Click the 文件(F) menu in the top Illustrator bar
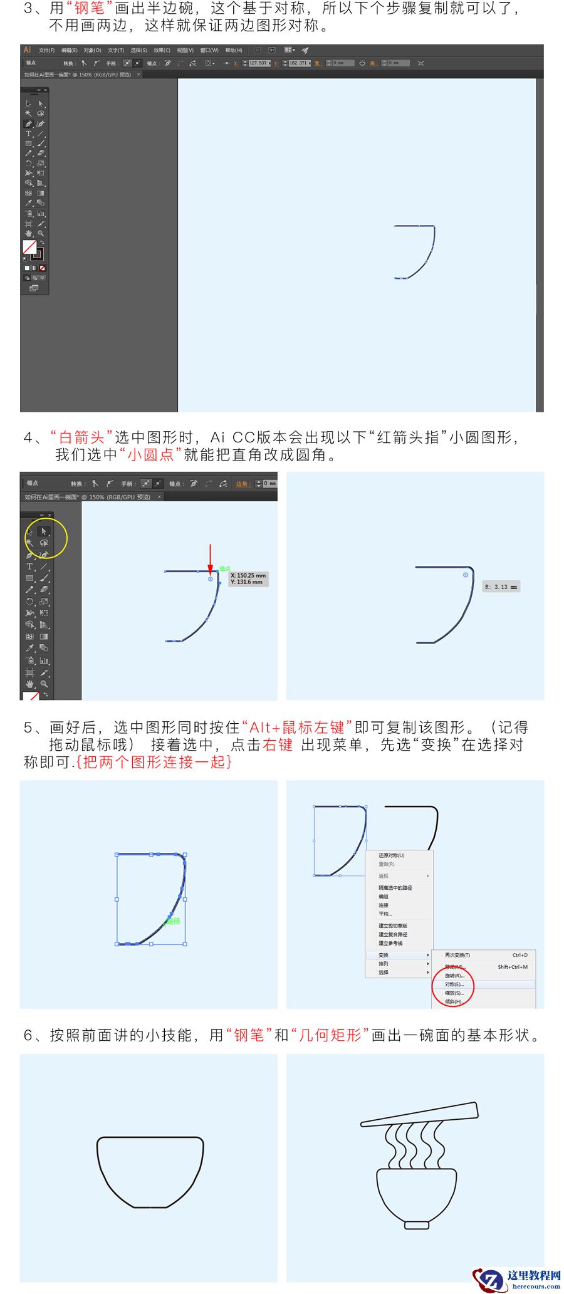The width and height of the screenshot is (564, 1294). click(x=46, y=50)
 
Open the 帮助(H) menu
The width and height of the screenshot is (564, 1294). click(x=233, y=50)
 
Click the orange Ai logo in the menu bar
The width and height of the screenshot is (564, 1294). click(x=27, y=50)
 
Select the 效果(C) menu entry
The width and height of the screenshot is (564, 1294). click(x=162, y=50)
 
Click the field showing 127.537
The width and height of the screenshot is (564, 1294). click(x=258, y=63)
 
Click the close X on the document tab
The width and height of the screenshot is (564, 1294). click(x=138, y=75)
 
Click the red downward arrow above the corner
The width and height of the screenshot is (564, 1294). click(x=210, y=558)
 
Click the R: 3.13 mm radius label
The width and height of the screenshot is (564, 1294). click(x=501, y=587)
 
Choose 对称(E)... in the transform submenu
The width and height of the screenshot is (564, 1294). click(x=454, y=984)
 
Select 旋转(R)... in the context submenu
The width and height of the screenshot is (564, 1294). click(x=454, y=976)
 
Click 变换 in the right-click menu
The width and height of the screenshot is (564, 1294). click(x=384, y=955)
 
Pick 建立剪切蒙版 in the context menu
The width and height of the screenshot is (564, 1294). click(x=393, y=926)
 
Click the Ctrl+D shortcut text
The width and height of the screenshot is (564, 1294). click(x=520, y=955)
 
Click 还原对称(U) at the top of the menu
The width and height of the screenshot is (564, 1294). click(x=392, y=855)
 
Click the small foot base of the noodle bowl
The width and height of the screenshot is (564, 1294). click(x=417, y=1224)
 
